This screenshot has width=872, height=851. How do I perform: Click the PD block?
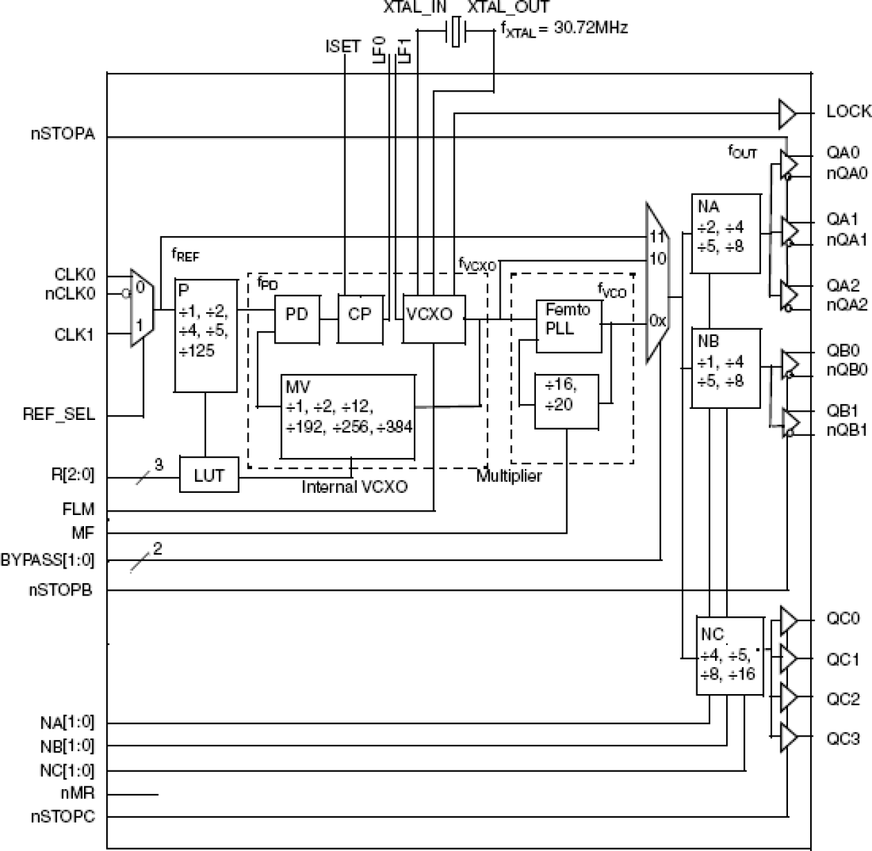click(x=297, y=319)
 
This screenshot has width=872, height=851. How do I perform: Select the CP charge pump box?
click(x=360, y=319)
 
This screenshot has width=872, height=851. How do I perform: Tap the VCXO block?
click(x=434, y=319)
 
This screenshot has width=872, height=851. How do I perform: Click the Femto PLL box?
click(x=569, y=326)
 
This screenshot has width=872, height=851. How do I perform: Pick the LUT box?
click(x=209, y=475)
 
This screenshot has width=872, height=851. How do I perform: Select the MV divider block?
click(x=348, y=416)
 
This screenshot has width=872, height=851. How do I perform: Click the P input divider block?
click(x=206, y=336)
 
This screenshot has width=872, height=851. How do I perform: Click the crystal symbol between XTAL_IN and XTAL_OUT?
click(x=455, y=32)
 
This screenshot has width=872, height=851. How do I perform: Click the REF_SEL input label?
click(x=59, y=415)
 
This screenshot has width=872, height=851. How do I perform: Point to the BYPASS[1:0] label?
click(x=47, y=559)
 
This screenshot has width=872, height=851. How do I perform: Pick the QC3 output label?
click(x=843, y=739)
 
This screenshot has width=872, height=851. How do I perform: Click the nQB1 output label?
click(x=846, y=430)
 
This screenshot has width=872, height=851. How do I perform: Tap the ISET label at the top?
click(x=343, y=47)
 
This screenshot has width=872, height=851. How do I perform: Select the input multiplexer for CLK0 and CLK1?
click(x=141, y=307)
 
